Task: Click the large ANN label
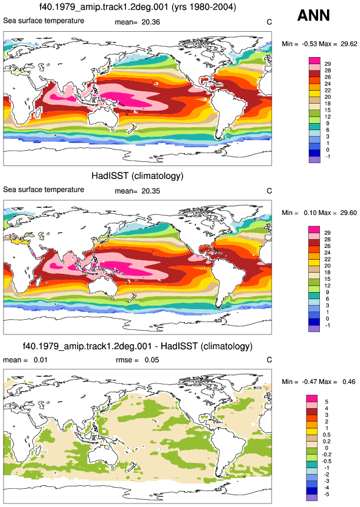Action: [x=313, y=15]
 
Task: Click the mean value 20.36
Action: [x=151, y=22]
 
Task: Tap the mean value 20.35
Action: [x=151, y=191]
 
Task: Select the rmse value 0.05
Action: [x=151, y=360]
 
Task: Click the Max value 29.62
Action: [x=349, y=44]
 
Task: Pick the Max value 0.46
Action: [x=349, y=382]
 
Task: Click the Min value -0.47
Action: [x=309, y=382]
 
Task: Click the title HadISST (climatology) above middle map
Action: [x=137, y=176]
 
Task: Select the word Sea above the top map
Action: [x=9, y=21]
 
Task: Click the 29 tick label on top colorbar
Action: [x=328, y=64]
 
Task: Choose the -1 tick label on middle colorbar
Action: [x=328, y=325]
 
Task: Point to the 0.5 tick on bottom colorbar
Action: [x=326, y=435]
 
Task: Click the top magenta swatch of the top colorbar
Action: [x=315, y=61]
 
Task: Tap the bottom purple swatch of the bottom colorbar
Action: [x=312, y=498]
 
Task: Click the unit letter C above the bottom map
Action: [x=269, y=360]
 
